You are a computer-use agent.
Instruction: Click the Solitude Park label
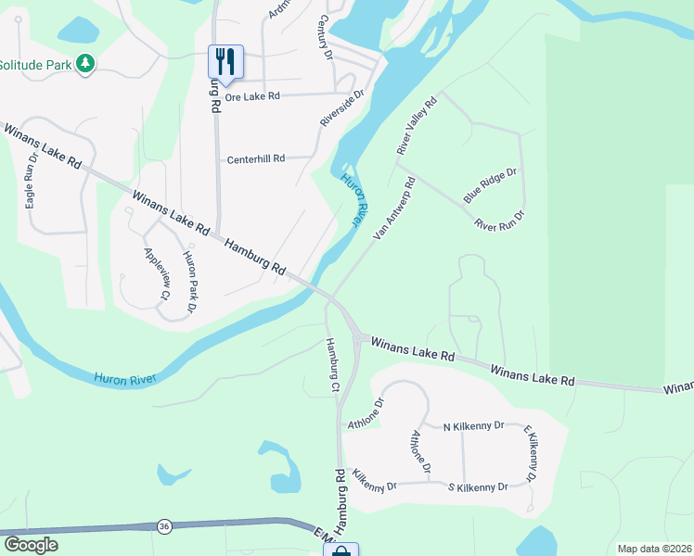pyautogui.click(x=35, y=65)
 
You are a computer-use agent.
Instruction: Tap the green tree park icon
pyautogui.click(x=86, y=63)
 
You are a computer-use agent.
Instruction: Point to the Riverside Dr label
pyautogui.click(x=342, y=108)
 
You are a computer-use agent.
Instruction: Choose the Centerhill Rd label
pyautogui.click(x=256, y=159)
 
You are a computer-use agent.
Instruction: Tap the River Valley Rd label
pyautogui.click(x=416, y=127)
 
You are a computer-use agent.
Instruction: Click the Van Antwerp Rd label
pyautogui.click(x=394, y=208)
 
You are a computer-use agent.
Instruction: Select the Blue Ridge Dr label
pyautogui.click(x=490, y=185)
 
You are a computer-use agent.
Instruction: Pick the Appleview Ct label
pyautogui.click(x=155, y=273)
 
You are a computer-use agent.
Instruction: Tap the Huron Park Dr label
pyautogui.click(x=190, y=281)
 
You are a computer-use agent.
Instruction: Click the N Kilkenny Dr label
pyautogui.click(x=473, y=425)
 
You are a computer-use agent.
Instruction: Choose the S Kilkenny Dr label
pyautogui.click(x=478, y=486)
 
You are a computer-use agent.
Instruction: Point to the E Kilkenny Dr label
pyautogui.click(x=531, y=455)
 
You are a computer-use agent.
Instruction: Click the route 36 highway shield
pyautogui.click(x=163, y=526)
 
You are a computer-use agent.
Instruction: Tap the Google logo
pyautogui.click(x=31, y=545)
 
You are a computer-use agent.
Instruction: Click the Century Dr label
pyautogui.click(x=326, y=37)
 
